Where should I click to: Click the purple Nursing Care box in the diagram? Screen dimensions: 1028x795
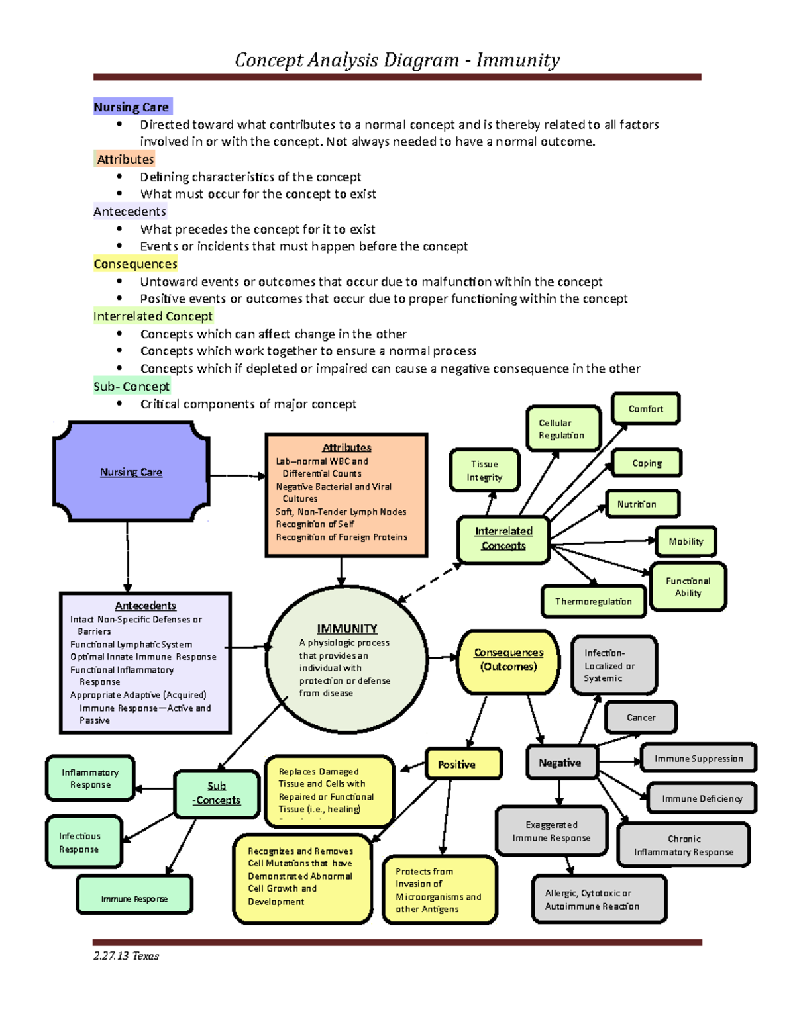(131, 471)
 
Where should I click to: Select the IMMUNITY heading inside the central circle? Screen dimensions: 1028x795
(346, 628)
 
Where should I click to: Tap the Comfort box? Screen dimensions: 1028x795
(645, 409)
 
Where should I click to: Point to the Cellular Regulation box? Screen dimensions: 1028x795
(563, 429)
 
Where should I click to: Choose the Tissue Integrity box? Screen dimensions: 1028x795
(484, 471)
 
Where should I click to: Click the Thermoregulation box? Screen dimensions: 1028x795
(593, 602)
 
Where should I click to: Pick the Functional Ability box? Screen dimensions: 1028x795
(688, 586)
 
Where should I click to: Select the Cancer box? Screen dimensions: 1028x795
(641, 718)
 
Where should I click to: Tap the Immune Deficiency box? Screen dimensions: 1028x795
(702, 799)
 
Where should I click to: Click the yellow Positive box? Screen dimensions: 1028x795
(462, 764)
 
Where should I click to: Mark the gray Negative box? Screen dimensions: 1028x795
(560, 763)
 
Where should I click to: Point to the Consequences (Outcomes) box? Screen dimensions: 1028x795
(508, 660)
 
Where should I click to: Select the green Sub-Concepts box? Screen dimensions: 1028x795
(217, 793)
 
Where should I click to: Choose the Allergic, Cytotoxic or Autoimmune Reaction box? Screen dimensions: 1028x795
(598, 900)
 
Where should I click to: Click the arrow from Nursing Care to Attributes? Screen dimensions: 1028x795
(237, 475)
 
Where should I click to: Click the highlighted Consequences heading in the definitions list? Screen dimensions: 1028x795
(135, 264)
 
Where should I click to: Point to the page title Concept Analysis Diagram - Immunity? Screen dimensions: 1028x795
(397, 60)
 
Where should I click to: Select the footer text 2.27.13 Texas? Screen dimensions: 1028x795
(126, 956)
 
